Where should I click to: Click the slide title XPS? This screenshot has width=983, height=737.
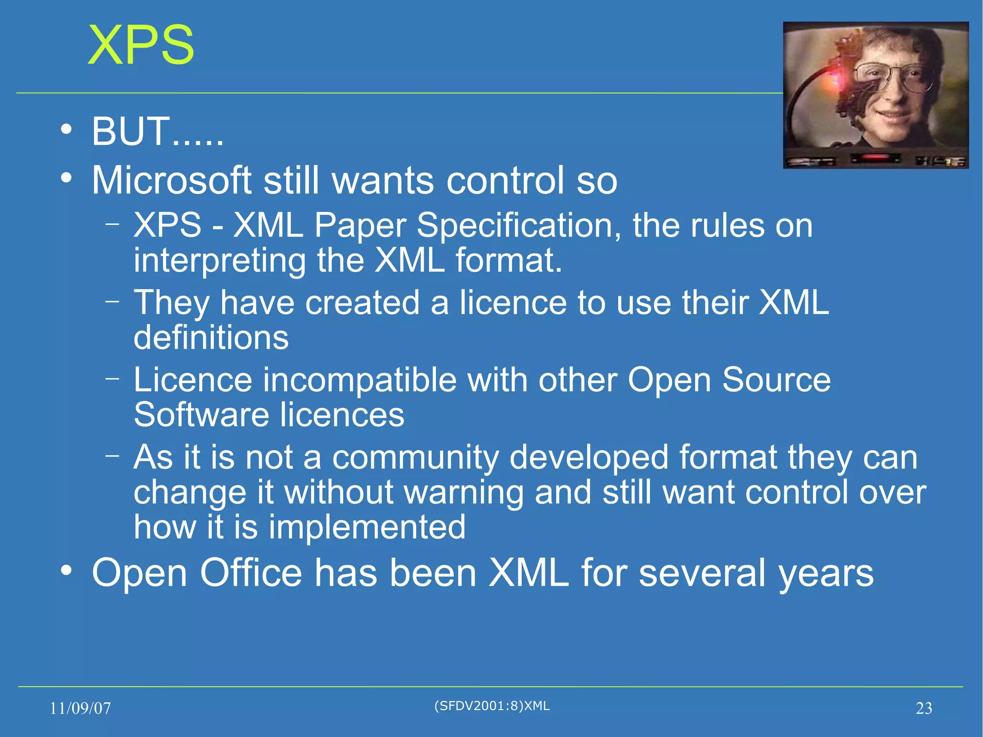[x=141, y=46]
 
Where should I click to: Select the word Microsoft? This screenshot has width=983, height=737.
[x=171, y=181]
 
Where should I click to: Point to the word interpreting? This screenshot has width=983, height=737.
[x=219, y=261]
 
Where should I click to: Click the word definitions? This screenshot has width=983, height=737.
[x=211, y=337]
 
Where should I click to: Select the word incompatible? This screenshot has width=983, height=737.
[x=360, y=380]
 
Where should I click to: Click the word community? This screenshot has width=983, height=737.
[x=416, y=457]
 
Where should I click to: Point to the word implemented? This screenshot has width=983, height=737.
[x=367, y=527]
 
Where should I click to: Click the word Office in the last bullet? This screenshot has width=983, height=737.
[x=251, y=572]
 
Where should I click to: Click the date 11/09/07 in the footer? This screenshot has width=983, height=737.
[x=80, y=708]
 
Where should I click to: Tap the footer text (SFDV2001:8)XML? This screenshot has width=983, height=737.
[x=491, y=706]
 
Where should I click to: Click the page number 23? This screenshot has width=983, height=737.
[x=923, y=708]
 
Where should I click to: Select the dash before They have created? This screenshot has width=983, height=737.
[x=112, y=301]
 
